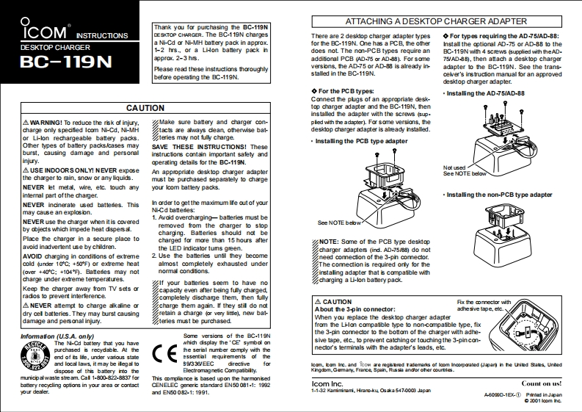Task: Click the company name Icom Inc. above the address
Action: pyautogui.click(x=327, y=383)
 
